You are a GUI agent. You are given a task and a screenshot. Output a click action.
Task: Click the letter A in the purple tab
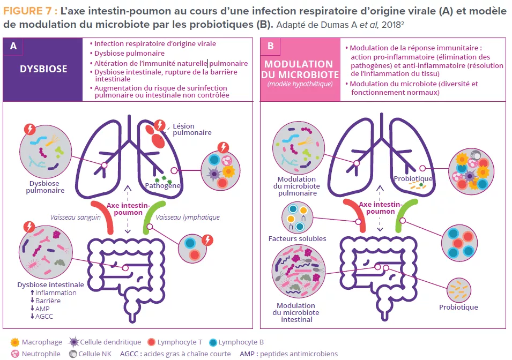(13, 47)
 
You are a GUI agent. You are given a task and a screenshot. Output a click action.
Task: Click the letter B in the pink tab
(270, 47)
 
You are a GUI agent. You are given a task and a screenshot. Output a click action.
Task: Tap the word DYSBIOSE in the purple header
(43, 69)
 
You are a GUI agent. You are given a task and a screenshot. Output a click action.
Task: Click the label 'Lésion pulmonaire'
(192, 129)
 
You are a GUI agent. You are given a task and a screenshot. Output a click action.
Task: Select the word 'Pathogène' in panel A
(162, 186)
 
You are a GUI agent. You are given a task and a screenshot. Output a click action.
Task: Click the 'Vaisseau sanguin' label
(76, 217)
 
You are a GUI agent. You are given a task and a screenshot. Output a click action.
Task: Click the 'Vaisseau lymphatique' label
(188, 217)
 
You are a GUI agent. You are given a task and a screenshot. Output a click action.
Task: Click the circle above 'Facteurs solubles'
(298, 217)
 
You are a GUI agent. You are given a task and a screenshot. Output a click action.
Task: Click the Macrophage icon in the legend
(15, 342)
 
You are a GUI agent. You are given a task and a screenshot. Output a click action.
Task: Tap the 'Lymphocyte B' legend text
(241, 342)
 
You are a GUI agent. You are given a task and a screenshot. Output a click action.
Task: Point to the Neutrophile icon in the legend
(15, 354)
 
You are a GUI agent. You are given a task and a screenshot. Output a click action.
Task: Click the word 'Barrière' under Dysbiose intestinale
(48, 301)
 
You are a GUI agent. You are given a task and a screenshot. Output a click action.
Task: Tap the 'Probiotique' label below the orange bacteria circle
(458, 307)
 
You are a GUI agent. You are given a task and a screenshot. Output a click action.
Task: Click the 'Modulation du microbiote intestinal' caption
(295, 312)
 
